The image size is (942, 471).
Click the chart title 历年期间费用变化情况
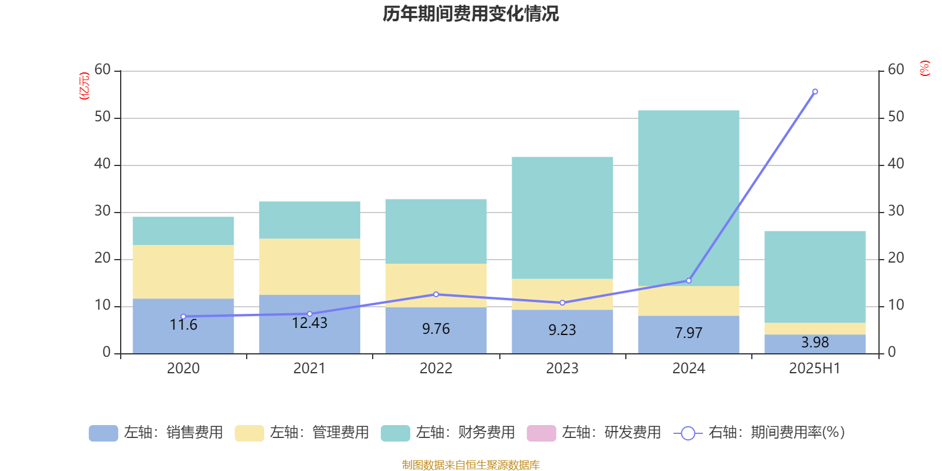click(x=470, y=14)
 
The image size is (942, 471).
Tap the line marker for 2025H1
click(x=815, y=92)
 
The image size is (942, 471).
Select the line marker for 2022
click(x=436, y=294)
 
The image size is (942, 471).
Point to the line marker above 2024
click(x=689, y=281)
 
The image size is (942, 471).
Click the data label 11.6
click(x=183, y=325)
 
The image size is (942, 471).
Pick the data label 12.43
click(x=310, y=323)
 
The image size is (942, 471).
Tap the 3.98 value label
click(x=815, y=343)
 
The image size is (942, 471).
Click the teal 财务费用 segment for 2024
click(x=689, y=197)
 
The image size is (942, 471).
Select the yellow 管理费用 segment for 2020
click(x=183, y=272)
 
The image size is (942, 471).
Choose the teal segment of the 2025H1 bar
click(x=815, y=277)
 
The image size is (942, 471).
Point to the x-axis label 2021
click(x=310, y=369)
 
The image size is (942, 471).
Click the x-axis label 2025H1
click(x=815, y=369)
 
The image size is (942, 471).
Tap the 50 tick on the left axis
click(x=102, y=117)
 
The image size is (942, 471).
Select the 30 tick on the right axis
click(x=895, y=211)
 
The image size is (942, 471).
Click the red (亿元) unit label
click(x=84, y=86)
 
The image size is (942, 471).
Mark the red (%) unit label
click(x=924, y=68)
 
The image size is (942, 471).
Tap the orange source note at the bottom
click(x=470, y=465)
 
